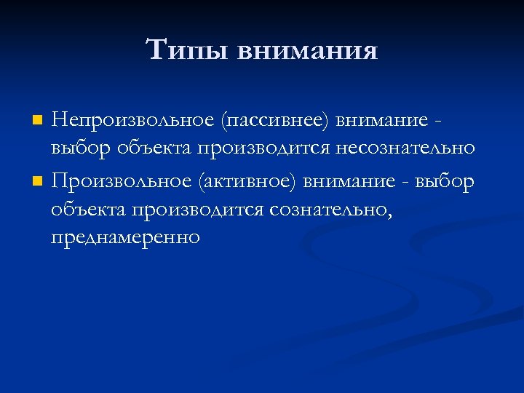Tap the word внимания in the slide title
click(x=308, y=52)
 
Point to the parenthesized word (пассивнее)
click(x=267, y=119)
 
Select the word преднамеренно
click(x=125, y=239)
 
